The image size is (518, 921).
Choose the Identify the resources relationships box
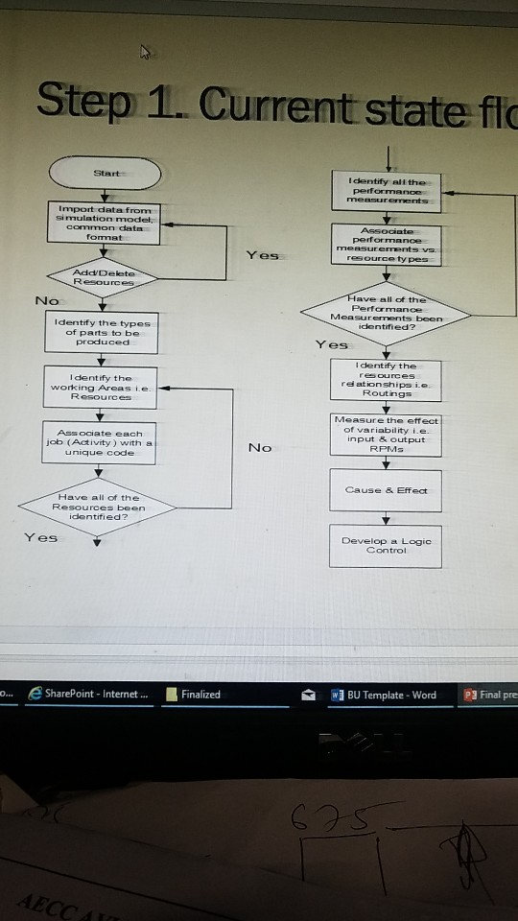[387, 380]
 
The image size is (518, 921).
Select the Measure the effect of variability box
[387, 437]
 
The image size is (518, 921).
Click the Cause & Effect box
[387, 490]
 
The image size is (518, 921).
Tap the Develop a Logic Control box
[387, 546]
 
